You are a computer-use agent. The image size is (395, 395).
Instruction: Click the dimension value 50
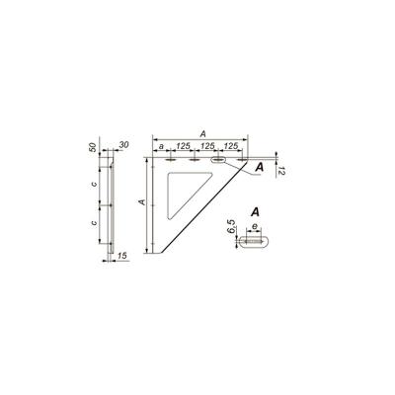click(x=93, y=147)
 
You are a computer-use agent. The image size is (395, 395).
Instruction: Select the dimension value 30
click(x=123, y=145)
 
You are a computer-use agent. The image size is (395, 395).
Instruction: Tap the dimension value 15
click(x=122, y=256)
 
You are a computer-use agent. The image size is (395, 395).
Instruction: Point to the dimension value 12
click(x=280, y=171)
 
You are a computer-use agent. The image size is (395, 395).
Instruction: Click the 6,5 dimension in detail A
click(x=232, y=227)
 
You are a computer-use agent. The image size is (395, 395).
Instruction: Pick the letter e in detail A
click(x=254, y=226)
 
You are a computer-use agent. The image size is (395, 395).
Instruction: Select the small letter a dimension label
click(x=161, y=146)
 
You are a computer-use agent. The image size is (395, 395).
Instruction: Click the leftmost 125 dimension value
click(x=183, y=146)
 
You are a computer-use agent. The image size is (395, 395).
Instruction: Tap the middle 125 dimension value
click(x=207, y=146)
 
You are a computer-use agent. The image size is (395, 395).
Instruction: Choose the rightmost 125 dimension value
click(x=231, y=146)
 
